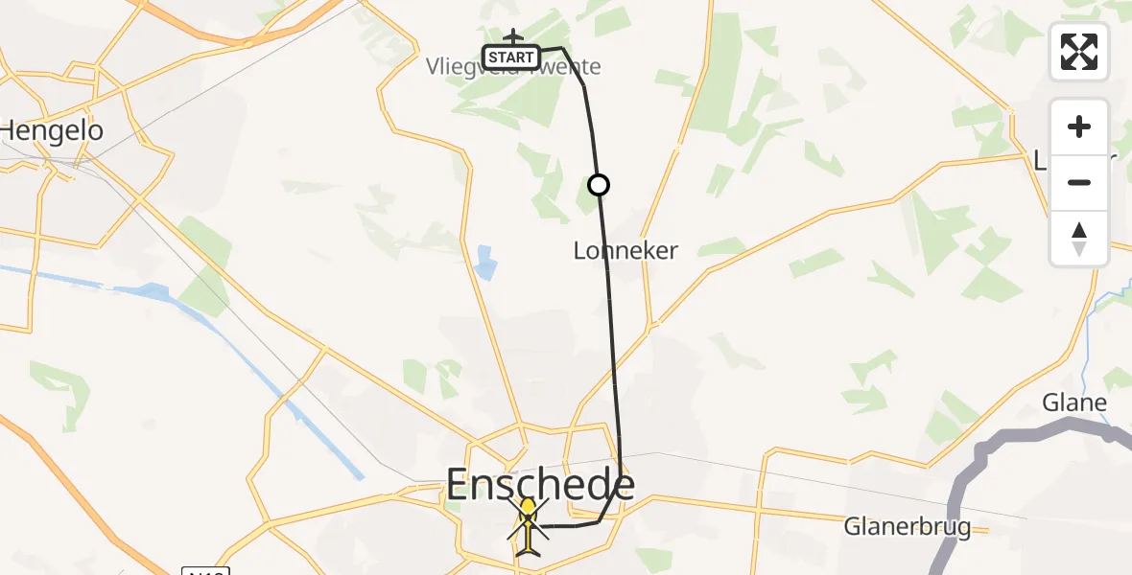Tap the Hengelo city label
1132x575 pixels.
[x=52, y=130]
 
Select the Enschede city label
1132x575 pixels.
[x=540, y=485]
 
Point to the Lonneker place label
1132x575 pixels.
[x=625, y=251]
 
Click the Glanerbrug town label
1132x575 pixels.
[x=908, y=526]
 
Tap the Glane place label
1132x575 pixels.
[x=1074, y=402]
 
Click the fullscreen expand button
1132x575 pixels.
[x=1079, y=52]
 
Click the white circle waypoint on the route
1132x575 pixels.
[x=599, y=184]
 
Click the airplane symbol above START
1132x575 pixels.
[x=512, y=36]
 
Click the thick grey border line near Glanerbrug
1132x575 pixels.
[x=959, y=498]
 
